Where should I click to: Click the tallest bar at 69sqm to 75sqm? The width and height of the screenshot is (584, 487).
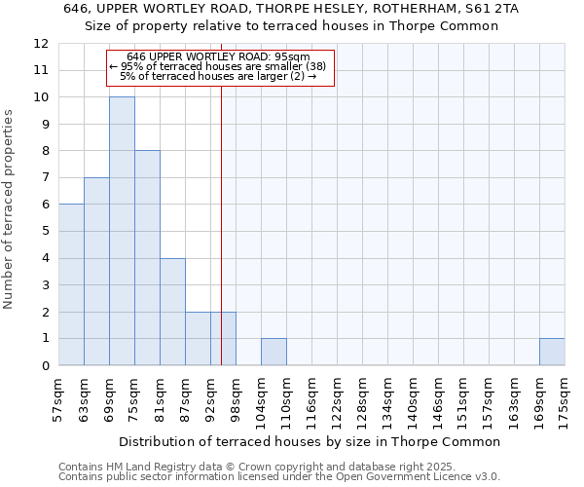pos(122,231)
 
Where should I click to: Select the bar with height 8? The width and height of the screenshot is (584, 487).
pos(147,258)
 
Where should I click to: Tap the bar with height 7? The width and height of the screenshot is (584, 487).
pos(96,272)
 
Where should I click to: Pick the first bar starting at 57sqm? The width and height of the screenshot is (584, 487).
pos(71,284)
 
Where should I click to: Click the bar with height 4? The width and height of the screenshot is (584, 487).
pos(172,312)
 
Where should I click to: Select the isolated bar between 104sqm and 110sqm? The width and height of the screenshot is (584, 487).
pos(274,352)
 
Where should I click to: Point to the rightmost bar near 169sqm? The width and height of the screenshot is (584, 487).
pos(552,352)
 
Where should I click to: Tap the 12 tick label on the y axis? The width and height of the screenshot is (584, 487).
pos(41,44)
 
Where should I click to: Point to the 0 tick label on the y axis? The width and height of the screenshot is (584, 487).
pos(45,366)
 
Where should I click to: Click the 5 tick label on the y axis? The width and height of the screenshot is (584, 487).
pos(45,232)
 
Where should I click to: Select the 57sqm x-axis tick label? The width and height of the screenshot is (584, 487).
pos(58,397)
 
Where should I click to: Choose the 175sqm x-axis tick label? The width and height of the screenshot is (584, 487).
pos(565,397)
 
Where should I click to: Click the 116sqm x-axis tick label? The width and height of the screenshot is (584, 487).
pos(311,397)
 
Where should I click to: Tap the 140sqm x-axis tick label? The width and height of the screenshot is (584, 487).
pos(413,397)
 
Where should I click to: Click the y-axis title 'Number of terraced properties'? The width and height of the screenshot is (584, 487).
pos(10,208)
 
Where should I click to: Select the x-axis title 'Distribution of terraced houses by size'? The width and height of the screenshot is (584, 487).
pos(311,441)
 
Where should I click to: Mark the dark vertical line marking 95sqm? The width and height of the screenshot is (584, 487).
pos(221,243)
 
